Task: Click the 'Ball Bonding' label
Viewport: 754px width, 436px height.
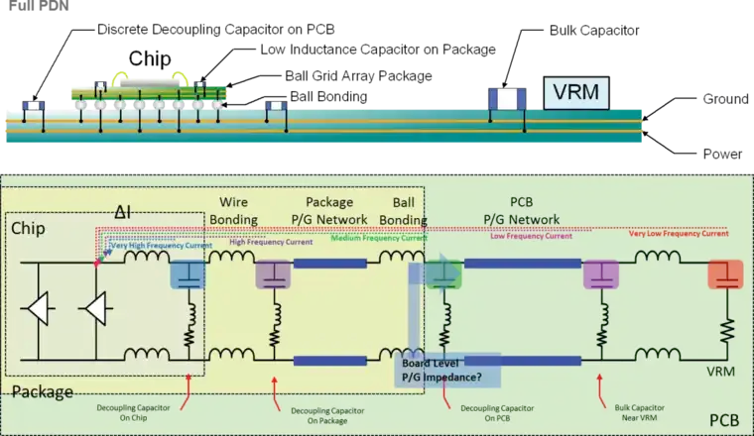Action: pos(404,211)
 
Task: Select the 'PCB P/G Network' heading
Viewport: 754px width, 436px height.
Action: pos(521,211)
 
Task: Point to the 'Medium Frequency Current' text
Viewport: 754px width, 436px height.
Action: pos(378,238)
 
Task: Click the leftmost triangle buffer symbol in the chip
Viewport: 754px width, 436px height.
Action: pos(39,310)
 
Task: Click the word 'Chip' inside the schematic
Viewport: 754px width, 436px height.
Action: pos(29,229)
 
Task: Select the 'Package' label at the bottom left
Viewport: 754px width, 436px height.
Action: pos(43,392)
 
